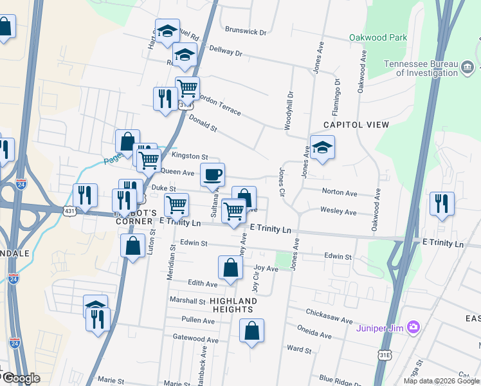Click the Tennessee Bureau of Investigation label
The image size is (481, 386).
tap(421, 68)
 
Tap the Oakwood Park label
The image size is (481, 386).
tap(378, 37)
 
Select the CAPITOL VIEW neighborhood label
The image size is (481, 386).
tap(356, 124)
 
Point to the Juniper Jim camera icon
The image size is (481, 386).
tap(413, 328)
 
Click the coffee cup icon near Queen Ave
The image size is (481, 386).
tap(213, 174)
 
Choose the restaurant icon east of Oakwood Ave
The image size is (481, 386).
tap(442, 203)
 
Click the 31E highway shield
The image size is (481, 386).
tap(385, 354)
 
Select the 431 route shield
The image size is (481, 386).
tap(70, 210)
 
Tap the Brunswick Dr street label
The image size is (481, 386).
tap(246, 31)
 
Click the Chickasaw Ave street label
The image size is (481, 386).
tap(330, 320)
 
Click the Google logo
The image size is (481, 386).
tap(21, 378)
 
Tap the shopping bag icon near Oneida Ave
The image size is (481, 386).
tap(251, 331)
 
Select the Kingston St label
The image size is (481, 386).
tap(190, 156)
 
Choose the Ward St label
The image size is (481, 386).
tap(299, 350)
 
